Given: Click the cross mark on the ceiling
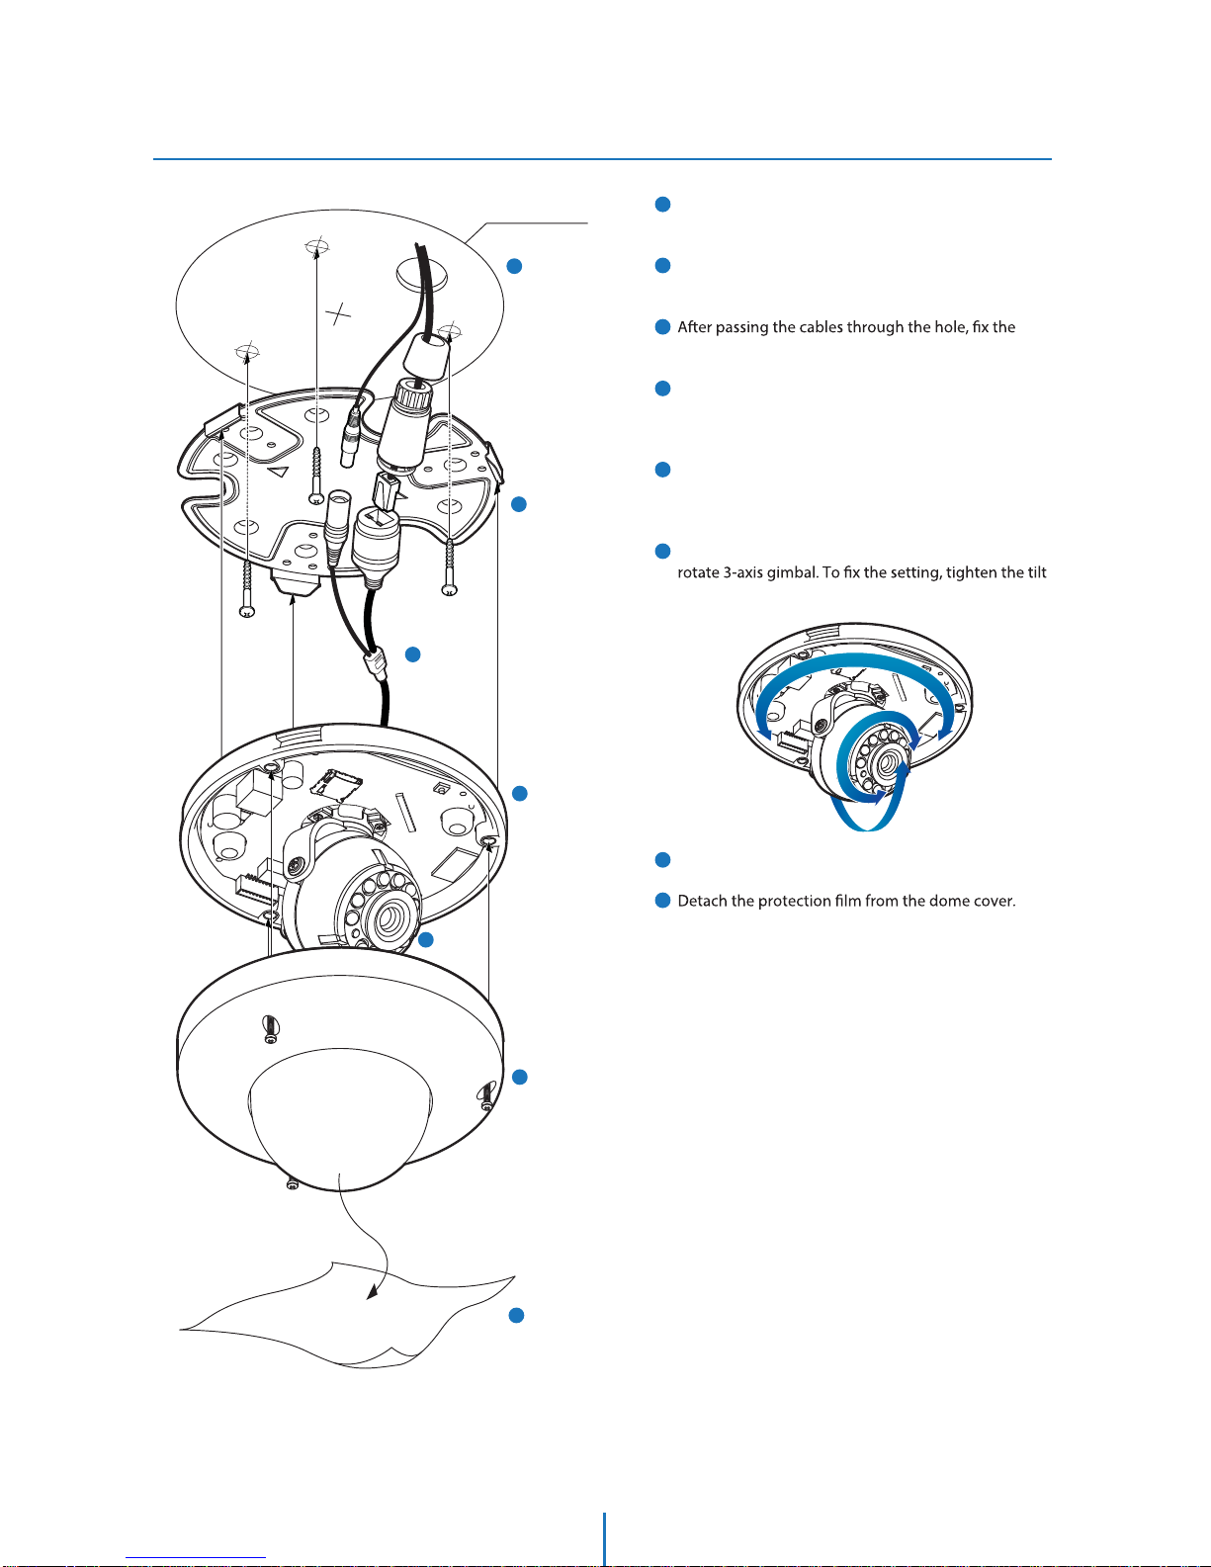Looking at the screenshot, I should click(x=339, y=314).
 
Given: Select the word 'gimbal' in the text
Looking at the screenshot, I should click(x=789, y=572).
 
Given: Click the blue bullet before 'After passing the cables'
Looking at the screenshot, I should click(x=662, y=327).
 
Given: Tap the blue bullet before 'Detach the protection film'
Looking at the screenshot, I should click(x=662, y=901).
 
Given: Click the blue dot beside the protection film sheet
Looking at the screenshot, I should click(x=515, y=1315).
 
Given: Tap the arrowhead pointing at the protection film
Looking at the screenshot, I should click(x=373, y=1291).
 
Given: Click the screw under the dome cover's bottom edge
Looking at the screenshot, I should click(x=291, y=1183).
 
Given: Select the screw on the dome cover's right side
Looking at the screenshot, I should click(x=485, y=1095).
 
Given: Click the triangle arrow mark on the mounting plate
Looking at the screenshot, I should click(x=279, y=473).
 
